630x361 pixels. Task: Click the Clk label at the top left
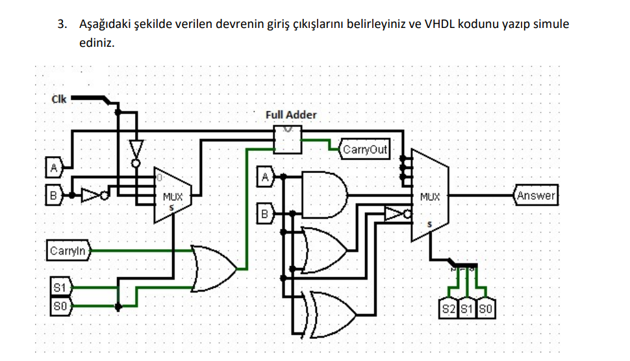tap(58, 100)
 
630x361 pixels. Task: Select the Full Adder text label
tap(291, 115)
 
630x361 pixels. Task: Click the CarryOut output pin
tap(364, 150)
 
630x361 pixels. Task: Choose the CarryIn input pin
tap(68, 250)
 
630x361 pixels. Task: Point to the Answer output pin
tap(536, 195)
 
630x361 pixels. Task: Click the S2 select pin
tap(448, 310)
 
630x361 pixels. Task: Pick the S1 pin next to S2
tap(467, 310)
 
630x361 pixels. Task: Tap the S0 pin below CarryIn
tap(59, 306)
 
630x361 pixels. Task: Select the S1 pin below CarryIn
tap(59, 286)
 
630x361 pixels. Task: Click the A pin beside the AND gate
tap(264, 176)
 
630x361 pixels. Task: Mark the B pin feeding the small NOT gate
tap(54, 194)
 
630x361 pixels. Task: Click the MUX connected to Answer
tap(429, 195)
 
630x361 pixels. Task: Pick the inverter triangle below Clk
tap(136, 148)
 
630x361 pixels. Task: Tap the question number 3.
tap(61, 25)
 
